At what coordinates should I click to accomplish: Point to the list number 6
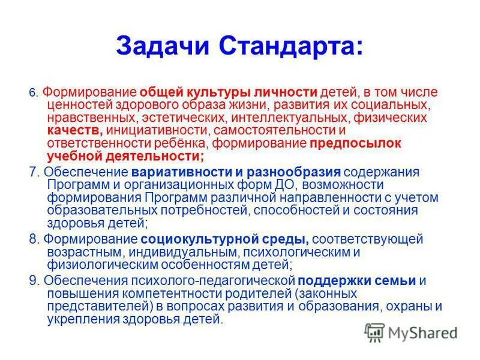[33, 94]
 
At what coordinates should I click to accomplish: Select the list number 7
[33, 172]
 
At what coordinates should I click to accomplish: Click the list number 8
[33, 239]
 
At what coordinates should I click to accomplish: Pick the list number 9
[33, 280]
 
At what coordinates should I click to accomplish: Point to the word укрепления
[78, 320]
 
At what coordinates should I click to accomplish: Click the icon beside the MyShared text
[374, 332]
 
